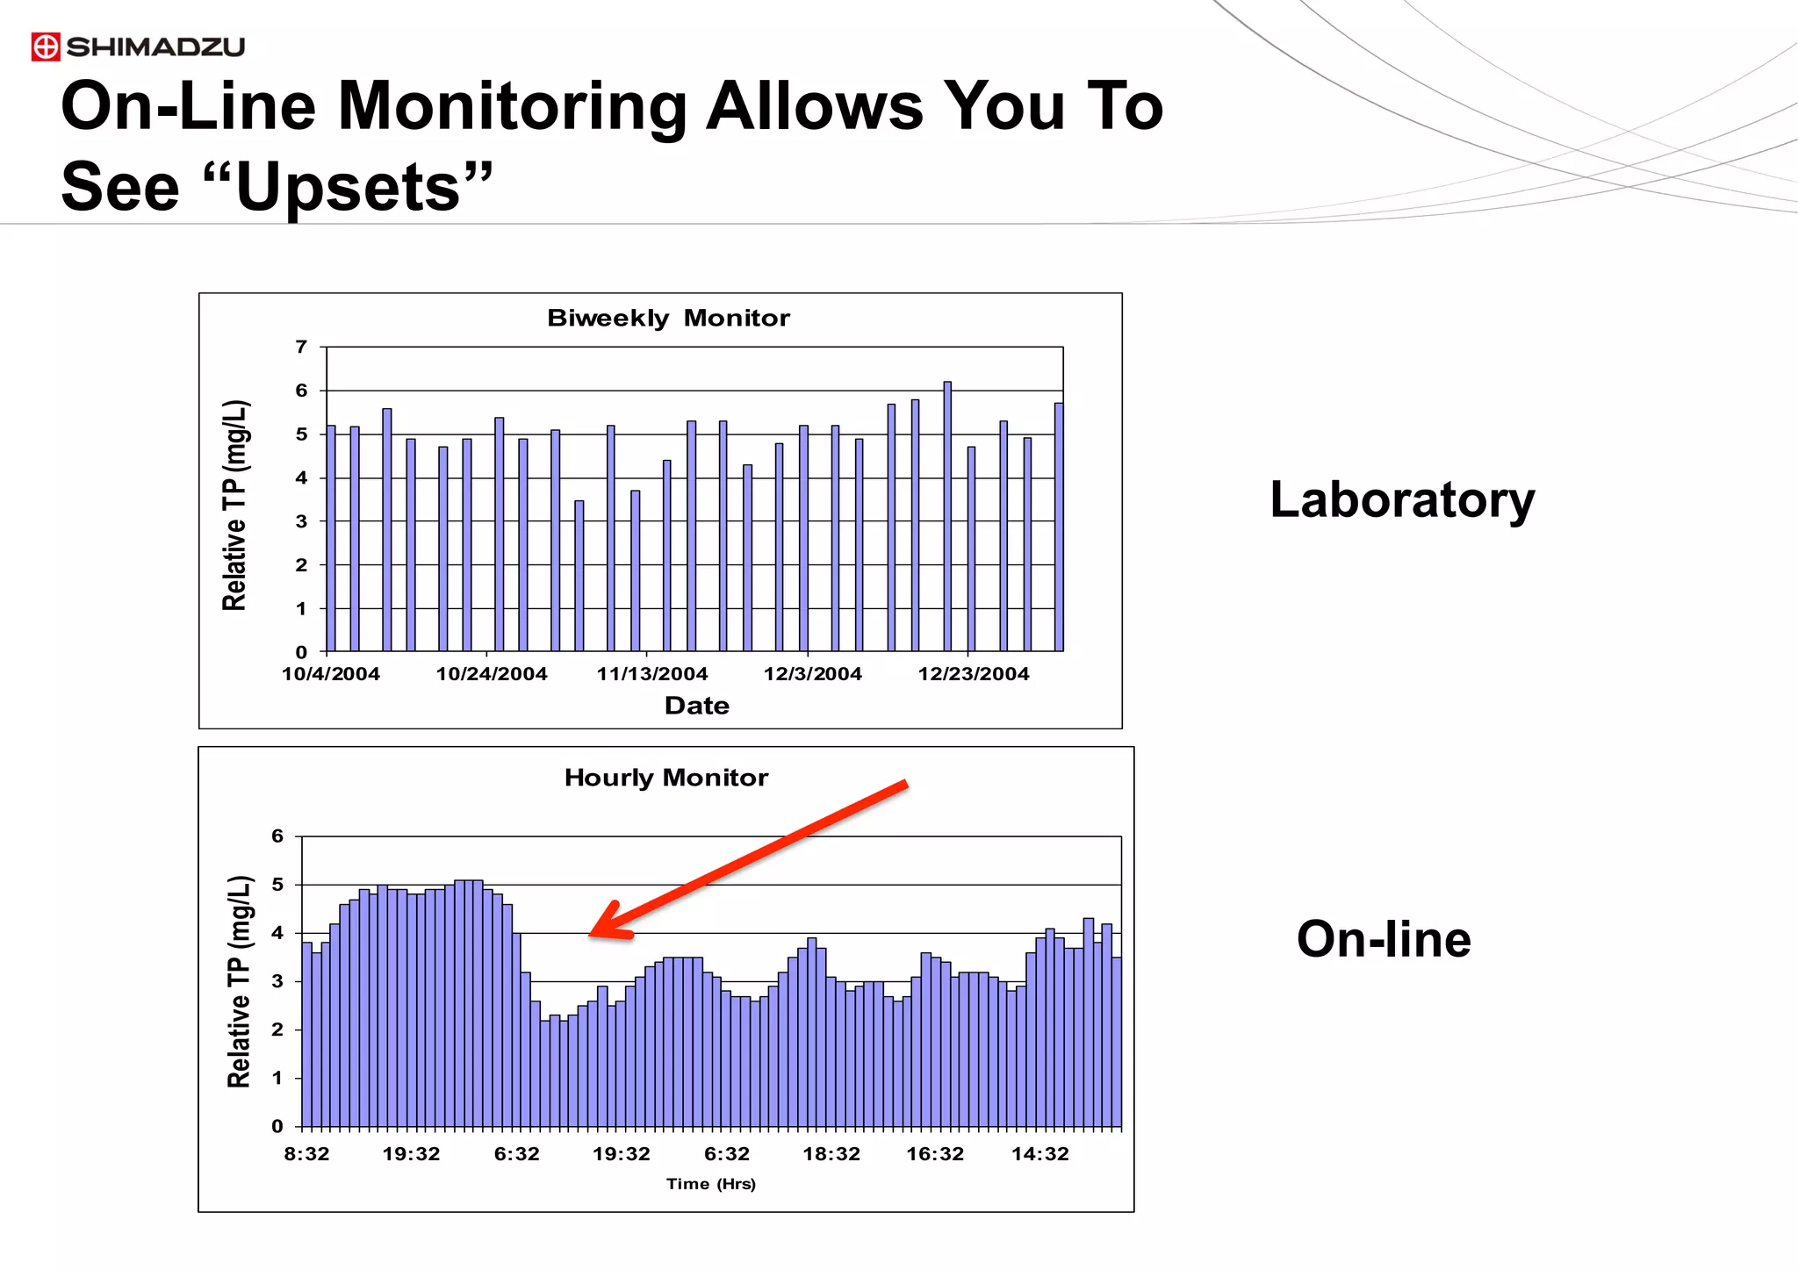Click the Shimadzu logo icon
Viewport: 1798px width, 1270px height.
[x=46, y=47]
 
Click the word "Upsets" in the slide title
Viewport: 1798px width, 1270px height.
[x=348, y=187]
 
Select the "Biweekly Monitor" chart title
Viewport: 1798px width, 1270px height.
[x=668, y=318]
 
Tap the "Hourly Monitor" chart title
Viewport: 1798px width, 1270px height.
[x=665, y=778]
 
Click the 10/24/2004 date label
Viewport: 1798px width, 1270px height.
[x=492, y=674]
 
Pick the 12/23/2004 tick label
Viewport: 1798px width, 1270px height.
[x=973, y=674]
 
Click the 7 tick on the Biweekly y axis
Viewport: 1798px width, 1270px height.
[x=301, y=347]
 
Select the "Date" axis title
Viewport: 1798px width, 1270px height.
[x=696, y=706]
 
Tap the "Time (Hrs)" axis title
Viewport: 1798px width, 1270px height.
[x=710, y=1184]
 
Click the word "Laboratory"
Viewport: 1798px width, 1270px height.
[x=1402, y=500]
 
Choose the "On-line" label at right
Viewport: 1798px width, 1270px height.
[x=1384, y=939]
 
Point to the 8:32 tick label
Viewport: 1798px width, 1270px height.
[x=306, y=1154]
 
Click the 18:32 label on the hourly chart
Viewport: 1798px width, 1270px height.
[x=831, y=1154]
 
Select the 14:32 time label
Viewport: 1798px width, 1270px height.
[x=1039, y=1154]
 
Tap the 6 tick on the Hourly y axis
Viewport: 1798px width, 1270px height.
[x=277, y=836]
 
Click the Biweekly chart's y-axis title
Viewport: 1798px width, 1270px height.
[x=235, y=505]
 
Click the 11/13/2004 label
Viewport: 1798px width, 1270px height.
[x=652, y=674]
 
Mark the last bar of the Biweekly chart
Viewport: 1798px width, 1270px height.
[x=1059, y=527]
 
